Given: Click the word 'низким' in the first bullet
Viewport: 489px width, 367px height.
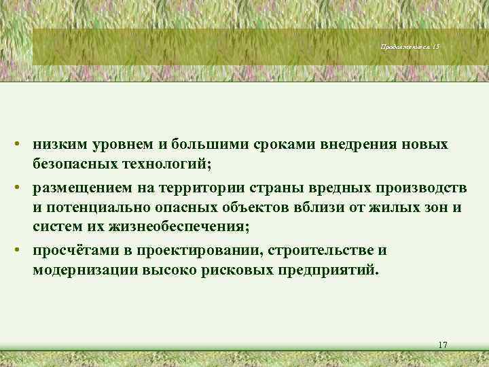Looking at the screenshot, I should pyautogui.click(x=60, y=145).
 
